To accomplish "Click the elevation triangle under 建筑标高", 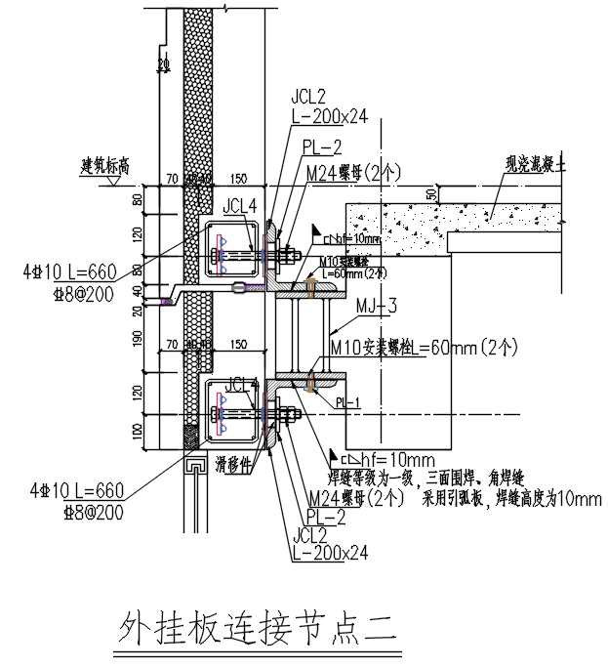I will pos(115,180).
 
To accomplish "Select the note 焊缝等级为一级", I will pos(365,479).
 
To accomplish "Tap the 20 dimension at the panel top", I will pos(163,63).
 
